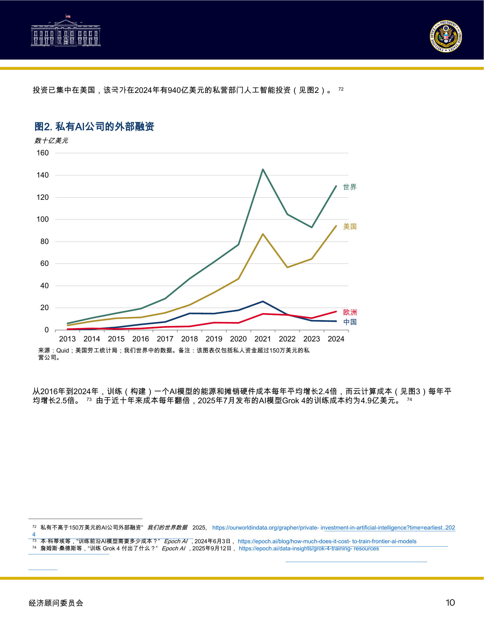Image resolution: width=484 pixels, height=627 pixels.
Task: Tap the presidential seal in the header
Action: (446, 36)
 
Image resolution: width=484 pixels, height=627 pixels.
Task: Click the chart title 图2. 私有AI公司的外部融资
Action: (94, 126)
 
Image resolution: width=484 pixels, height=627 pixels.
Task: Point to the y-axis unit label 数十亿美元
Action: (51, 141)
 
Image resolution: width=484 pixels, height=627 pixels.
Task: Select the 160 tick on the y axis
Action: (43, 153)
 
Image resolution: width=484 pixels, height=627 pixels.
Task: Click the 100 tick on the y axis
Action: (43, 219)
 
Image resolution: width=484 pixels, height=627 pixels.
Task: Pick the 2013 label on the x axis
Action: (67, 339)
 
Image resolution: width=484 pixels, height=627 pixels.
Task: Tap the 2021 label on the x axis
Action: (263, 339)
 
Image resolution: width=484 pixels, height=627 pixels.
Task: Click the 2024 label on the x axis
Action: (336, 339)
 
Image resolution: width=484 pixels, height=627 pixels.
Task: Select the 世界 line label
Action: (350, 187)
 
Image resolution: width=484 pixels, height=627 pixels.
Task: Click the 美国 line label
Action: (350, 227)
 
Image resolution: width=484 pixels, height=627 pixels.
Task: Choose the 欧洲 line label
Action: (350, 312)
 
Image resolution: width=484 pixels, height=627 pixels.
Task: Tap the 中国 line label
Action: (350, 322)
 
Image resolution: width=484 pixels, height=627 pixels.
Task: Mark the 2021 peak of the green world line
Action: (263, 170)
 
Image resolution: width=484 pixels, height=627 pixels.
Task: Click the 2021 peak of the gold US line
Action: (263, 234)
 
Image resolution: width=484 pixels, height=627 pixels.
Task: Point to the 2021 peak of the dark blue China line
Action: (263, 302)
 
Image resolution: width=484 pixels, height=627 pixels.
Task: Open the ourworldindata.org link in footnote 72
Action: (333, 528)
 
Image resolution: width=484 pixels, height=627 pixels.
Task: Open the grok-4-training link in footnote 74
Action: (309, 549)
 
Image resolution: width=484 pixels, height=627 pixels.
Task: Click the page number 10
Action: (450, 602)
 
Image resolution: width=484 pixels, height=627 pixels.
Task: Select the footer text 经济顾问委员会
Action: (56, 603)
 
